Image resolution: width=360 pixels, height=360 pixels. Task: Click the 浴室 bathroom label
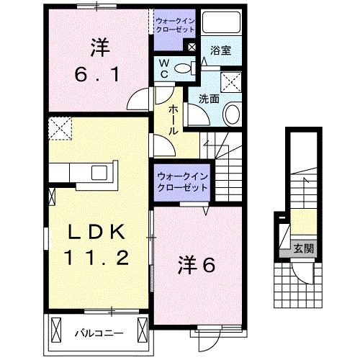click(x=220, y=51)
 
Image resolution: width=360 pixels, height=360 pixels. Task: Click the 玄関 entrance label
click(x=303, y=249)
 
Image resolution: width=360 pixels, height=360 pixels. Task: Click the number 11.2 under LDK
click(x=99, y=257)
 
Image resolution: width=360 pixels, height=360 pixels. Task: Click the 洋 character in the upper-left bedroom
click(x=100, y=48)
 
